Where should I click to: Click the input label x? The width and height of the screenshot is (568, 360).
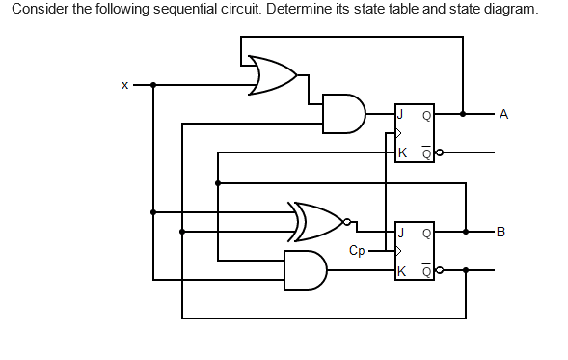click(124, 85)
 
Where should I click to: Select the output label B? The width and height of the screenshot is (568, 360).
click(500, 232)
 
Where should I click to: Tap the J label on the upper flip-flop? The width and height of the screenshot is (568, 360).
click(401, 114)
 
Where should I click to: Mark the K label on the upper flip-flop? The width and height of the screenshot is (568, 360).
click(402, 152)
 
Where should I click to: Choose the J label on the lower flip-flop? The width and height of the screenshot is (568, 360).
click(401, 232)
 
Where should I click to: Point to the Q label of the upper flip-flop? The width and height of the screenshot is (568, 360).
click(427, 114)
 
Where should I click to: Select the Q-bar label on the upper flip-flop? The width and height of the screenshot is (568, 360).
click(427, 152)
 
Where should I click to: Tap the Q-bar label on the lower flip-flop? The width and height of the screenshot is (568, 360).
click(427, 269)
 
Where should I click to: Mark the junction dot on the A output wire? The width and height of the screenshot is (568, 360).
click(463, 114)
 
